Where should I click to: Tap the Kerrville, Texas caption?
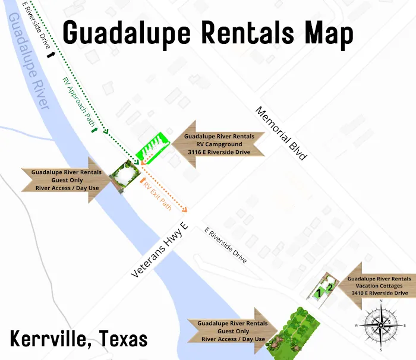click(x=78, y=339)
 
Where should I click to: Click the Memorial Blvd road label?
click(x=281, y=134)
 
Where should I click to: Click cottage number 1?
click(x=319, y=292)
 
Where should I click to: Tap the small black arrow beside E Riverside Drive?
click(x=52, y=55)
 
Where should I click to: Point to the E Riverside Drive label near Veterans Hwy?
click(x=226, y=245)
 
